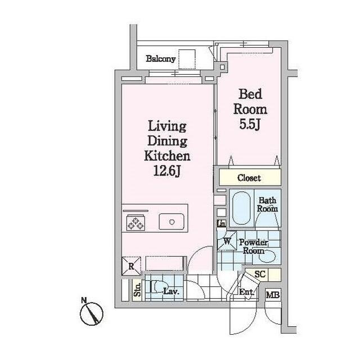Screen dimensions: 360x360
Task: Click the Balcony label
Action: coord(161,58)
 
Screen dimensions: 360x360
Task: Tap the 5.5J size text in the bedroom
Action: coord(250,124)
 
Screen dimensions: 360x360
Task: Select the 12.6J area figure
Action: coord(167,171)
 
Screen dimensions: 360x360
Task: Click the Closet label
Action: coord(249,178)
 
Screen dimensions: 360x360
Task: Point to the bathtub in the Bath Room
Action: coord(241,208)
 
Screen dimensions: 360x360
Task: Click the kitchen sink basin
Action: coord(172,222)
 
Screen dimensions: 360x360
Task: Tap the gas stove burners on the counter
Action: coord(136,223)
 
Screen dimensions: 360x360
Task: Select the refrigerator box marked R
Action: coord(131,266)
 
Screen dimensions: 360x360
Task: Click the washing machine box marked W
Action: coord(227,241)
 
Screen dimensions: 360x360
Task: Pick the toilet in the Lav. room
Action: coord(155,287)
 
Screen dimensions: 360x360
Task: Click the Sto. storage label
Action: coord(137,290)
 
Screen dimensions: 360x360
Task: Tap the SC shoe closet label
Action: coord(260,274)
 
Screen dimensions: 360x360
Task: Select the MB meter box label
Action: coord(273,295)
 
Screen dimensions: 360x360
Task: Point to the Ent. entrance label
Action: coord(246,292)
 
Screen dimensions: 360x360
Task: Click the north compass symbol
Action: coord(92,314)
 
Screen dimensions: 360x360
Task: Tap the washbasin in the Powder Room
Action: coord(267,256)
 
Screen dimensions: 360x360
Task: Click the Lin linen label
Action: coord(221,223)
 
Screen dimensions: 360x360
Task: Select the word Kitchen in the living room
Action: coord(167,156)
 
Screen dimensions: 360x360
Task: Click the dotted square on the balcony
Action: coord(187,60)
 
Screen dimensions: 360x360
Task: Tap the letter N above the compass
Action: coord(84,300)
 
